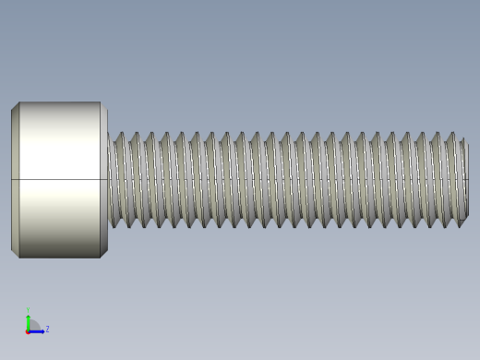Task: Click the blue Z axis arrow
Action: (x=38, y=330)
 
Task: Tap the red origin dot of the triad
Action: (x=28, y=330)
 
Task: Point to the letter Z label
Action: (x=47, y=329)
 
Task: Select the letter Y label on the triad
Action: (x=28, y=311)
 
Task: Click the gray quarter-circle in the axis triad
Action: (x=32, y=326)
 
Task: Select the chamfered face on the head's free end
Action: (x=15, y=180)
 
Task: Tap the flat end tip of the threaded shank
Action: (x=465, y=180)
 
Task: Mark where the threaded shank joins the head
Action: (x=110, y=180)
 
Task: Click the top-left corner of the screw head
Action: (x=18, y=102)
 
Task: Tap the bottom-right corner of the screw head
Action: (x=101, y=258)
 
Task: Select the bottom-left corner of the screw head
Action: (x=18, y=258)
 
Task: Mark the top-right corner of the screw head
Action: (x=101, y=102)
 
